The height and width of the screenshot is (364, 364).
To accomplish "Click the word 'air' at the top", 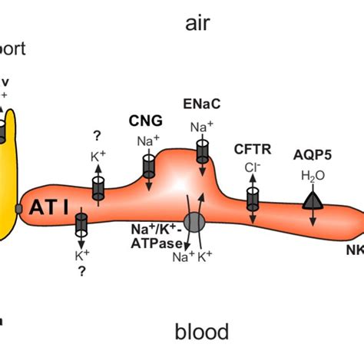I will point(197,24).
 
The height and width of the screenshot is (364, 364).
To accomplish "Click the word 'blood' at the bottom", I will point(202,332).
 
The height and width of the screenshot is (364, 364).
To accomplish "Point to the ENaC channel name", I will point(202,102).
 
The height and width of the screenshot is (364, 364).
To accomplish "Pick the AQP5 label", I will point(313,154).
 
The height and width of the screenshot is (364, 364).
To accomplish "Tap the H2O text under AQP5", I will point(313,176).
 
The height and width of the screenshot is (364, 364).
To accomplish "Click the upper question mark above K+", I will point(98,135).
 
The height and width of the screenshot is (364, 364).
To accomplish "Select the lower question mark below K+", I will point(80,270).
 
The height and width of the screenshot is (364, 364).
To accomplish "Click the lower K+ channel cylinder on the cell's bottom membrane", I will point(81,225).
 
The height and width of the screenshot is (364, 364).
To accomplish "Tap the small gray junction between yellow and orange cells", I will point(18,209).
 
